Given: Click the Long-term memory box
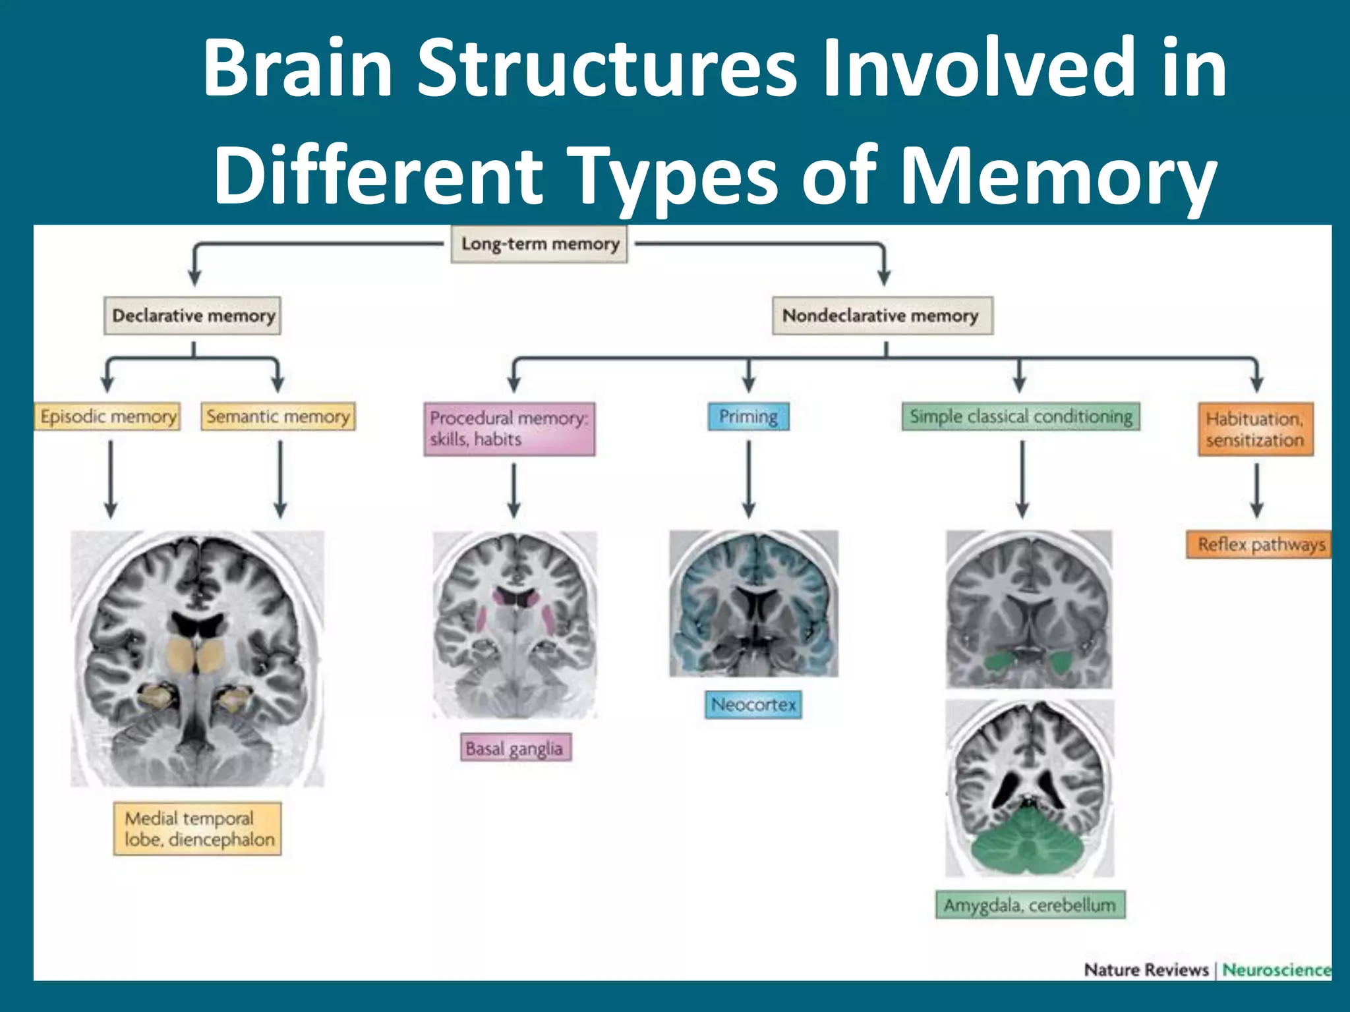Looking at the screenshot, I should point(539,244).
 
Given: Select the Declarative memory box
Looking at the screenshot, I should point(192,316).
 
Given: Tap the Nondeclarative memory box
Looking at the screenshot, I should point(882,316).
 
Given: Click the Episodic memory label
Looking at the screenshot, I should point(107,416).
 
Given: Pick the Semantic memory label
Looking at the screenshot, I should point(278,416).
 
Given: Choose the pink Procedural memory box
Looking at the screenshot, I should point(509,429).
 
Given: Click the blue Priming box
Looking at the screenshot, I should point(748,416).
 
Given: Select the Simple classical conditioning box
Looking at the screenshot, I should point(1020,416).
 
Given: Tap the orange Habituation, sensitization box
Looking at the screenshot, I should point(1255,429).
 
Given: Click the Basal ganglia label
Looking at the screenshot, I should point(515,748).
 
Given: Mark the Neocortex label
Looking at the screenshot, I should point(753,704).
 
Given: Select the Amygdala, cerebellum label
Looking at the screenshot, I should point(1030,905).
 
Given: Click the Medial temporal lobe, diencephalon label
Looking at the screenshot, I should point(197,828).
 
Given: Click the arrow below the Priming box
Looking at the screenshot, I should point(748,479).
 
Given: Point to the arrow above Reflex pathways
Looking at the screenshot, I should point(1256,491).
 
